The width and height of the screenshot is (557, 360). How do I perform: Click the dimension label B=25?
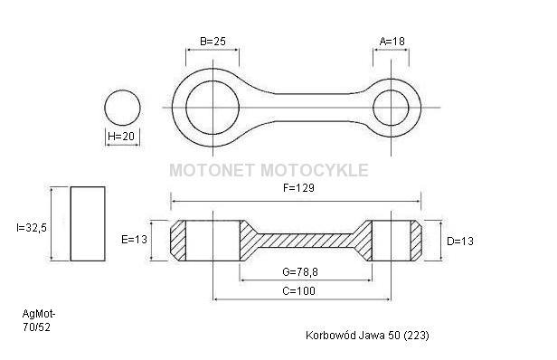click(212, 42)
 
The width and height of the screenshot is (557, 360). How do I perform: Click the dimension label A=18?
click(392, 42)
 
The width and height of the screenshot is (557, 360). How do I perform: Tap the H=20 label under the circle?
click(121, 136)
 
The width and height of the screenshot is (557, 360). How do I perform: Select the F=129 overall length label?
click(298, 187)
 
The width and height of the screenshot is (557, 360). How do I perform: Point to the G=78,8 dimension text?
click(300, 272)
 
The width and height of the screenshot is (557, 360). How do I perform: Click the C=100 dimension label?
click(298, 291)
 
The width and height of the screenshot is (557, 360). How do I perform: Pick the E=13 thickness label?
click(134, 240)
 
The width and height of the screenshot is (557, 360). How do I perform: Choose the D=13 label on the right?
click(460, 242)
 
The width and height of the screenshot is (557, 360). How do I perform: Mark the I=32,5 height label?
click(32, 228)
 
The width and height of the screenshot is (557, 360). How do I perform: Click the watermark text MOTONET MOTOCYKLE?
click(269, 170)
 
